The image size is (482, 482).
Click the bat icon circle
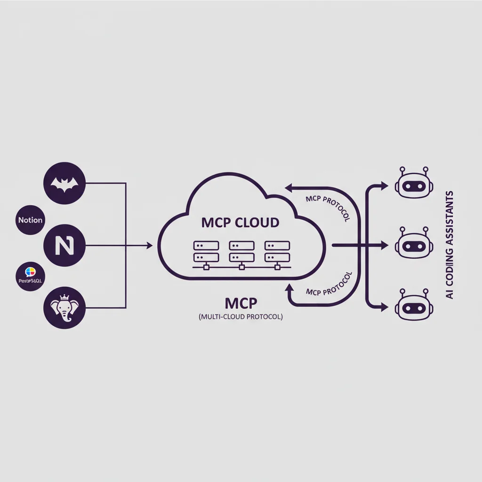tap(64, 184)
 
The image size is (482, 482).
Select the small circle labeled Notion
tap(30, 220)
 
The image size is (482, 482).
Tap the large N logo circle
tap(64, 245)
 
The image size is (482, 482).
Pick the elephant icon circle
tap(64, 308)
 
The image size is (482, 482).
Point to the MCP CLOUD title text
tap(240, 222)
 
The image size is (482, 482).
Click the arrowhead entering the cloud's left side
tap(150, 245)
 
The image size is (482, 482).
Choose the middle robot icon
tap(412, 244)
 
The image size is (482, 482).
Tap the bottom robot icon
tap(412, 306)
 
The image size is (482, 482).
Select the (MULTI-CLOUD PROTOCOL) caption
tap(241, 317)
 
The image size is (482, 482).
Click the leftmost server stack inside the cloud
tap(206, 252)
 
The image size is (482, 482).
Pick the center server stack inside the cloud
tap(241, 252)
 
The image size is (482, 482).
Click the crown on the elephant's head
tap(64, 297)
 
